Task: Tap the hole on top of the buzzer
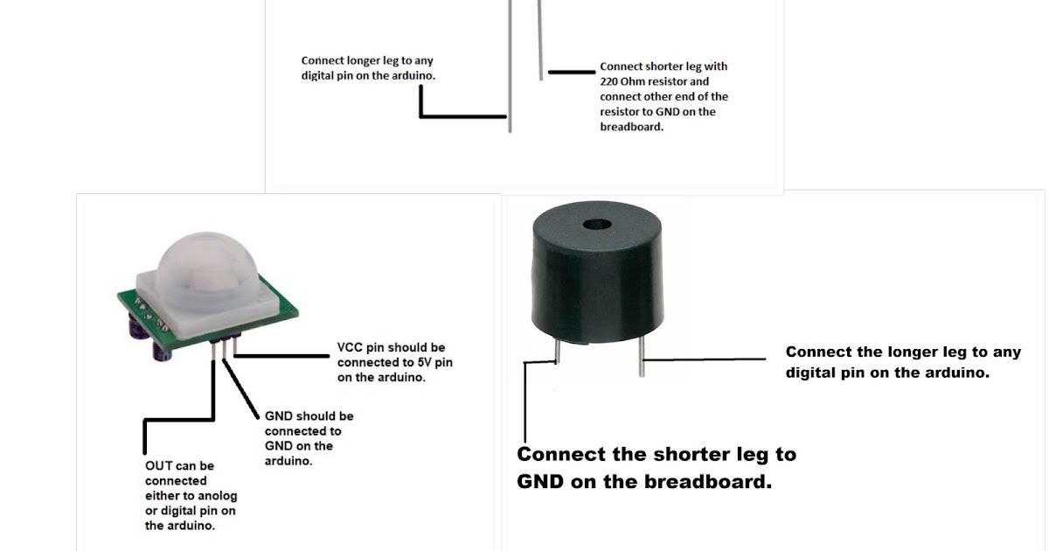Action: click(x=599, y=224)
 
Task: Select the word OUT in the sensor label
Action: click(x=159, y=465)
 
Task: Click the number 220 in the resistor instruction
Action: click(x=610, y=81)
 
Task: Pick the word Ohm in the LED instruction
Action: click(x=636, y=81)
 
